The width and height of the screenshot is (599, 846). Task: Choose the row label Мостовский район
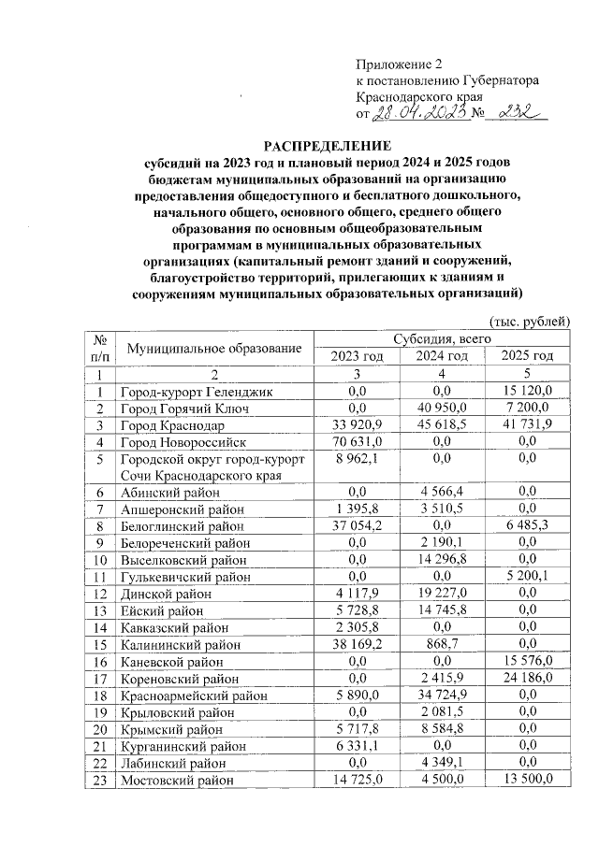point(177,780)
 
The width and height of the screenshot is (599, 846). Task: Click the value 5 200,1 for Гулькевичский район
point(531,578)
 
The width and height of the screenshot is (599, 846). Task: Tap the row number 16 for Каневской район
point(98,662)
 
